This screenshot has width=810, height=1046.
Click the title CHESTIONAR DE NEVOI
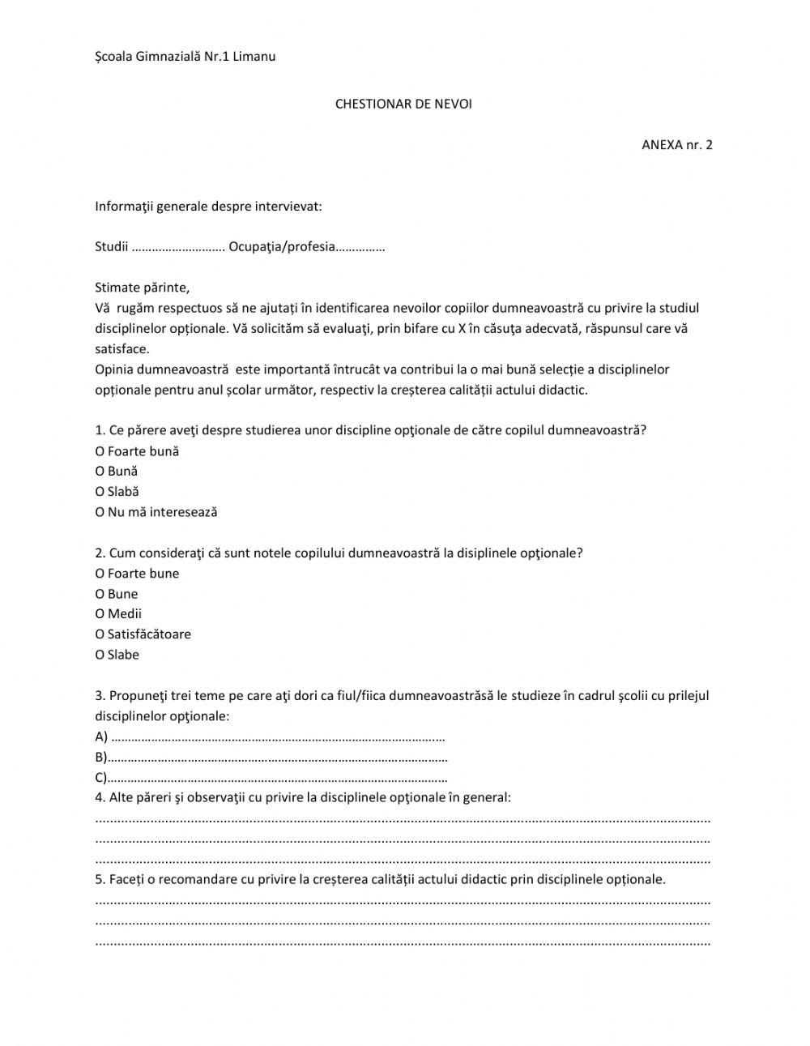tap(403, 105)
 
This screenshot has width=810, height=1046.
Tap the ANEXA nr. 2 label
tap(676, 145)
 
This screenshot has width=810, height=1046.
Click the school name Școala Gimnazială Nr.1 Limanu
tap(185, 56)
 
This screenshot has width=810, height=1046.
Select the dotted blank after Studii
tap(178, 247)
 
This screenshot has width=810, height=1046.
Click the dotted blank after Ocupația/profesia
tap(360, 247)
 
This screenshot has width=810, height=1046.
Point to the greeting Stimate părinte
tap(143, 288)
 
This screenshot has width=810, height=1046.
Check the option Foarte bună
tap(100, 451)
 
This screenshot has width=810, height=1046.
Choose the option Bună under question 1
tap(100, 472)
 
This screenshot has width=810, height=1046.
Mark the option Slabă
tap(100, 492)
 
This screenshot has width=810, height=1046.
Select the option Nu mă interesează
tap(100, 512)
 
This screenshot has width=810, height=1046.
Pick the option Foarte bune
tap(100, 574)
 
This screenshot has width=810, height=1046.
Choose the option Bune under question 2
tap(100, 594)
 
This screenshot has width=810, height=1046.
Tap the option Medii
tap(100, 614)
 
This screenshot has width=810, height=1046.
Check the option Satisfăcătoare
tap(100, 634)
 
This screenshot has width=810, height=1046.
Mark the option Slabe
tap(100, 655)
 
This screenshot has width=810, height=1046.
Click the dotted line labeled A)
tap(278, 738)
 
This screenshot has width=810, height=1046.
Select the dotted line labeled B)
tap(278, 758)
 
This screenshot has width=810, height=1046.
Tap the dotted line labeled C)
tap(278, 779)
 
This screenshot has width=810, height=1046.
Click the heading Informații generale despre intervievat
tap(208, 206)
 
